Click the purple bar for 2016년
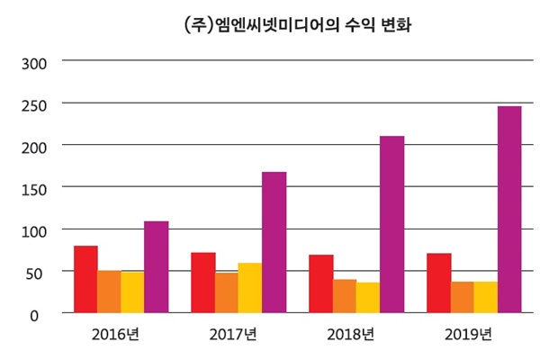(156, 267)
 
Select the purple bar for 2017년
(274, 242)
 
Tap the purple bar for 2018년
(391, 224)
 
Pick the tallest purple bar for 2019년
(508, 210)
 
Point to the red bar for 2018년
(320, 283)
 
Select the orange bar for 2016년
(109, 292)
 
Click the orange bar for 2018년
(344, 296)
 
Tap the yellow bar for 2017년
(250, 288)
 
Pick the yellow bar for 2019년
(485, 297)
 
